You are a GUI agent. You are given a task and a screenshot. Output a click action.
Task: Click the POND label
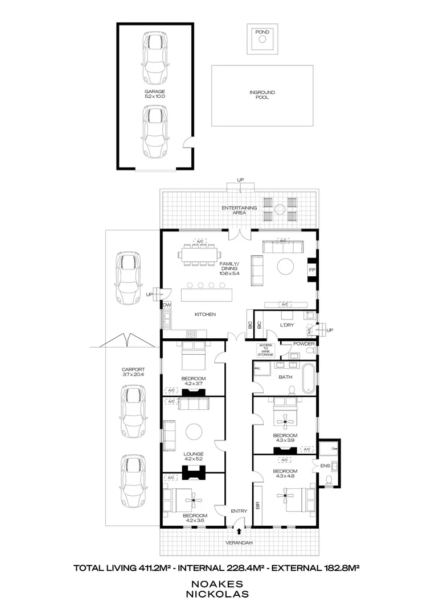(262, 32)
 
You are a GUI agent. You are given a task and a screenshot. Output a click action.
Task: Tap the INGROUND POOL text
(262, 94)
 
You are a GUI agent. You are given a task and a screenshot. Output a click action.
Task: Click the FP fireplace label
(311, 269)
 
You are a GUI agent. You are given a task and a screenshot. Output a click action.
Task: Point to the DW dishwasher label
(167, 305)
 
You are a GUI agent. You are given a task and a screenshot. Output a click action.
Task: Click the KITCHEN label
(205, 314)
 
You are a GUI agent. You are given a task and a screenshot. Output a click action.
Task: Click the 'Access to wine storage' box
(266, 350)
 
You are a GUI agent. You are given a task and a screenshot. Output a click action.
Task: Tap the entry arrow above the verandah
(239, 532)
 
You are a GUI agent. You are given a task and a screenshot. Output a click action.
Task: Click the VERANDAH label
(239, 543)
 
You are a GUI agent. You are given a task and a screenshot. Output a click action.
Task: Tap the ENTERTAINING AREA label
(240, 210)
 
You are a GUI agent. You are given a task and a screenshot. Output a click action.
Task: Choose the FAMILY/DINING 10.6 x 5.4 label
(229, 268)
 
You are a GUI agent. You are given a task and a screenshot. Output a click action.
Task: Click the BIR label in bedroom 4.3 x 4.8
(258, 504)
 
